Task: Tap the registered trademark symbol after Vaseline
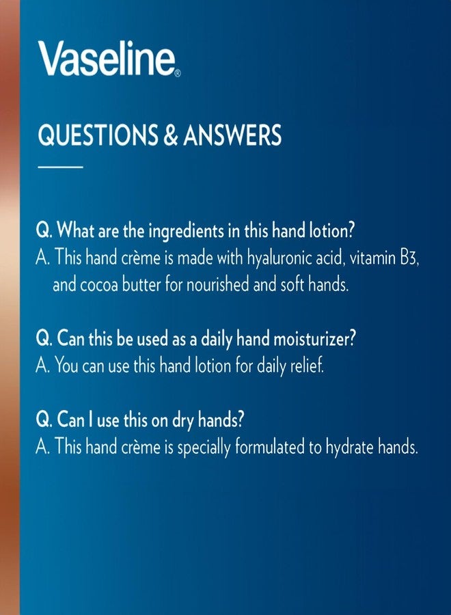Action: (178, 72)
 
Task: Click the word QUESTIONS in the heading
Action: (96, 135)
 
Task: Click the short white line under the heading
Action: (59, 167)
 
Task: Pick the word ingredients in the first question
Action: (182, 231)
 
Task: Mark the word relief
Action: (304, 366)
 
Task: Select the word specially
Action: (205, 447)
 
